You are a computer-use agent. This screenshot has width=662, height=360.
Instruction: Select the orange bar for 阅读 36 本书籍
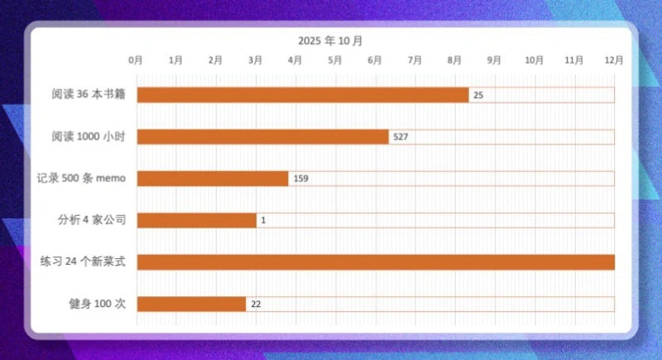click(303, 95)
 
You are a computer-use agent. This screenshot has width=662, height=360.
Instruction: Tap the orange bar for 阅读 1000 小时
click(262, 137)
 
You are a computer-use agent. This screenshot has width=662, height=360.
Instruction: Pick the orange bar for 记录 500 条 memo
click(213, 179)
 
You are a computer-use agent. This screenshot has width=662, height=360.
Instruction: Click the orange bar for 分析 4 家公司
click(196, 220)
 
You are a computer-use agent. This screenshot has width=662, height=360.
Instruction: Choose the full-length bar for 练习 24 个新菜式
click(376, 262)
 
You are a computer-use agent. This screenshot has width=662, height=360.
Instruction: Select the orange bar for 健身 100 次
click(191, 304)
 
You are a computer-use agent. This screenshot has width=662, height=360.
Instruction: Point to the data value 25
click(478, 95)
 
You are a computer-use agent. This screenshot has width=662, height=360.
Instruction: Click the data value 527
click(401, 137)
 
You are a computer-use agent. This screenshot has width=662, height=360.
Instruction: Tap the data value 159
click(300, 179)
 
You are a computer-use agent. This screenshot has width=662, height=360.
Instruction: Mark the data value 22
click(256, 304)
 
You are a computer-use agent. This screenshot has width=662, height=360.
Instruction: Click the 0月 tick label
click(136, 60)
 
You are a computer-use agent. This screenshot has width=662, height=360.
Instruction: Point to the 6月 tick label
click(375, 60)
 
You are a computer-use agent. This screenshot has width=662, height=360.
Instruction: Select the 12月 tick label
click(614, 60)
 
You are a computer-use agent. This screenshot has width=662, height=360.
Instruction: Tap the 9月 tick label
click(494, 60)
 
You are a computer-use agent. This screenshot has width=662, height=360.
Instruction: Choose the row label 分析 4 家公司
click(91, 220)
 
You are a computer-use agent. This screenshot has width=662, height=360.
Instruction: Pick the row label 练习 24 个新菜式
click(83, 262)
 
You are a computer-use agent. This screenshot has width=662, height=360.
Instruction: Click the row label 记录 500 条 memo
click(80, 179)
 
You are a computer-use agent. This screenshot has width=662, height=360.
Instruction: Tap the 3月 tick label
click(256, 60)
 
